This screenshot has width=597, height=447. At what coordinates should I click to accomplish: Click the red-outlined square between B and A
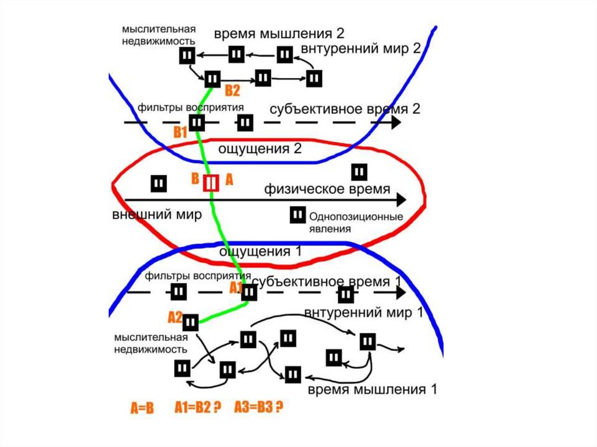pos(210,183)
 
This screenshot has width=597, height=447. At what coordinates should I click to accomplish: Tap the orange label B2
pos(232,90)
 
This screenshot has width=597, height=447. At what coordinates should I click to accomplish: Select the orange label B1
pos(180,132)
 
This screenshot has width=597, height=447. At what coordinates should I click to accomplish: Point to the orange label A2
pos(175,317)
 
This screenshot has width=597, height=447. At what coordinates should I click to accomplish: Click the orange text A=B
pos(142,409)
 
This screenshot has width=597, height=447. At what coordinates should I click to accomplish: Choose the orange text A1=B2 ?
pos(198,408)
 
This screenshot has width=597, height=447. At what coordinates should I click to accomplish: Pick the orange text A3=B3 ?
pos(258,408)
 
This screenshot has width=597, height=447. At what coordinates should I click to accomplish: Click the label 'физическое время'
pos(327,189)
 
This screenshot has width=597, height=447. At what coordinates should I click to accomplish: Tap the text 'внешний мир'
pos(157,214)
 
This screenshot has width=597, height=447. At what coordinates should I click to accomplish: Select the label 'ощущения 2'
pos(259,149)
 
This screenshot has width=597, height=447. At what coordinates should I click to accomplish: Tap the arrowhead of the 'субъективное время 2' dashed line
pos(396,122)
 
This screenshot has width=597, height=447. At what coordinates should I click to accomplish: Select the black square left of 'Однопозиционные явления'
pos(297,215)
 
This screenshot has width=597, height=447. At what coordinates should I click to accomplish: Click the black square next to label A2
pos(191,320)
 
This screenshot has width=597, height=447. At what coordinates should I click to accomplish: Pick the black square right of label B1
pos(198,123)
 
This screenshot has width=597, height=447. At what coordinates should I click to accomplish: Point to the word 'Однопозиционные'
pos(356,217)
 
